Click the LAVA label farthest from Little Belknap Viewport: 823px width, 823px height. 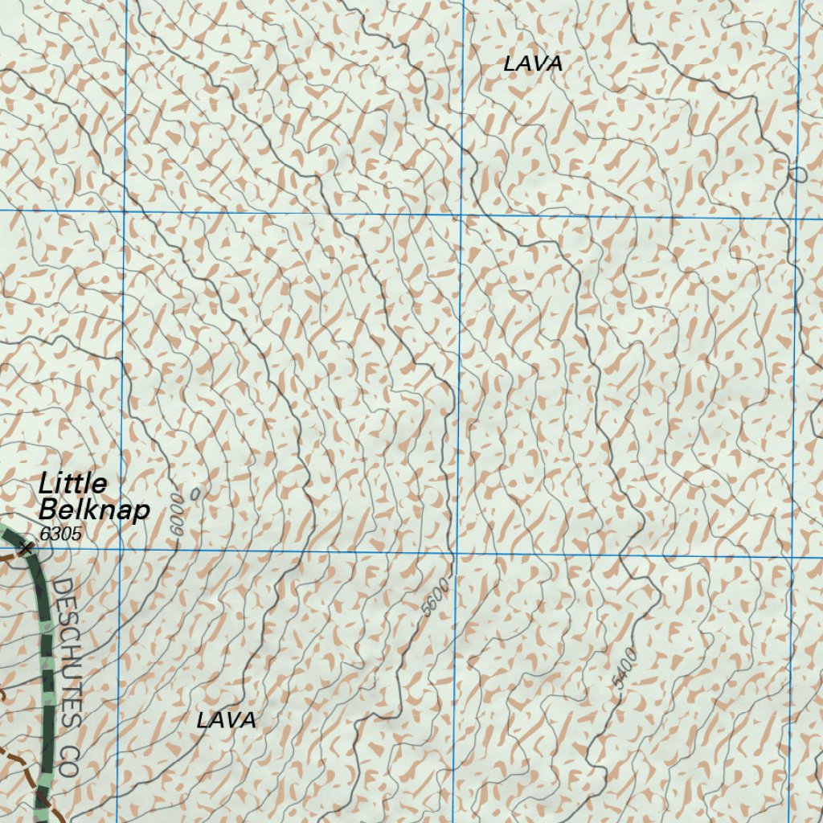(x=532, y=64)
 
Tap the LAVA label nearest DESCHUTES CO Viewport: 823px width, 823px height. (x=226, y=721)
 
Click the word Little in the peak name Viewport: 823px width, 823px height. (x=72, y=484)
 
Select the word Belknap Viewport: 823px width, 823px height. (x=93, y=510)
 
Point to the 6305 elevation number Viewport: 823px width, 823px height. (x=59, y=533)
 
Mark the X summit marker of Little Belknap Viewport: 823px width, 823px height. (x=26, y=548)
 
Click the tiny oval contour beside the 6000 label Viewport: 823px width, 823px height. (x=196, y=493)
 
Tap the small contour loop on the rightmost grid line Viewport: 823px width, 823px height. (x=798, y=174)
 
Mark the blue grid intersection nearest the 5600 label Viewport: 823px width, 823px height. (x=454, y=555)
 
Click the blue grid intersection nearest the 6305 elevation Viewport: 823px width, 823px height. (x=120, y=551)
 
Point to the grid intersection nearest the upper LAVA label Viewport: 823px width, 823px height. (x=462, y=215)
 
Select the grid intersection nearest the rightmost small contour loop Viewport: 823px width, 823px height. (x=796, y=218)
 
